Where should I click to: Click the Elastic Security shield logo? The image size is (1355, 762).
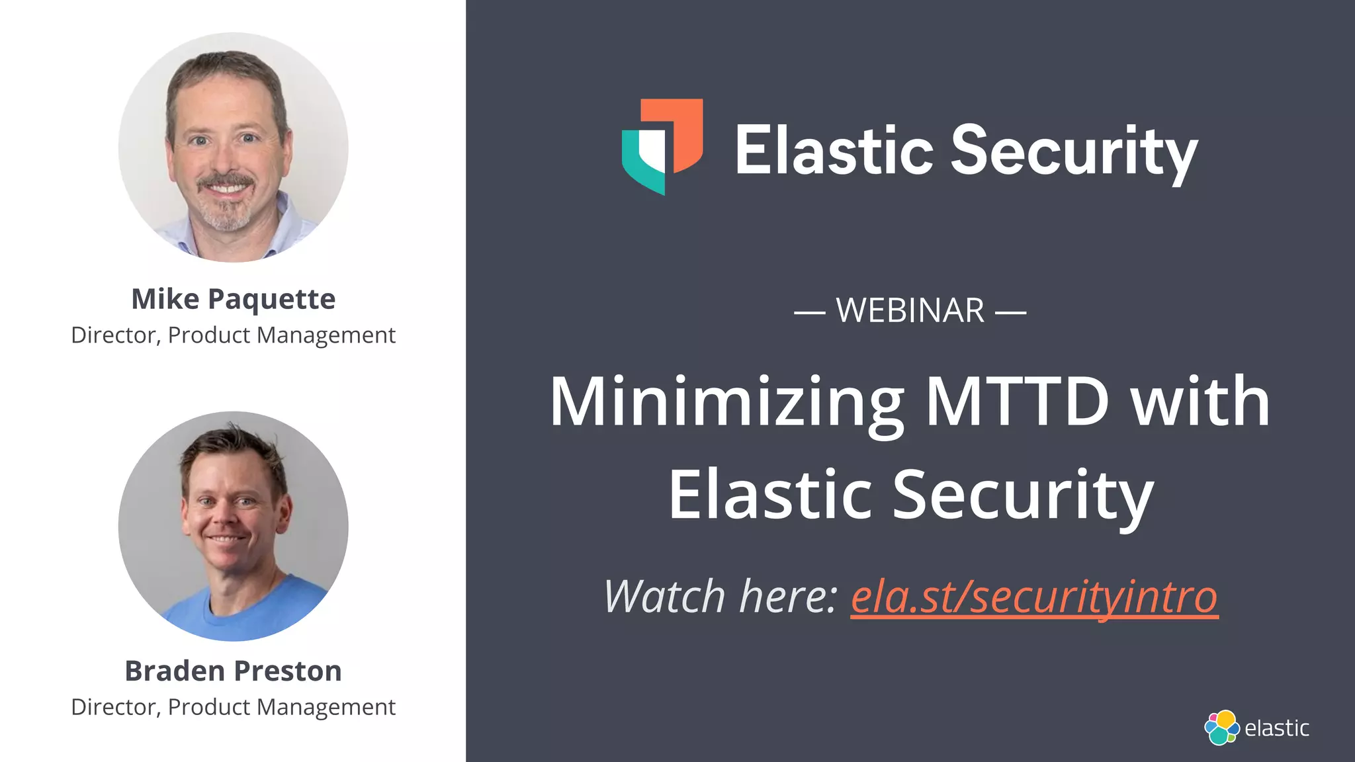click(662, 146)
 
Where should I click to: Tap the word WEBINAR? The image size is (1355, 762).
click(910, 310)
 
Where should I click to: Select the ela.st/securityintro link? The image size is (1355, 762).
click(1033, 597)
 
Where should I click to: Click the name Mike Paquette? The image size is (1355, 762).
click(233, 299)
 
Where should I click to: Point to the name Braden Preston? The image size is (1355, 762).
click(233, 671)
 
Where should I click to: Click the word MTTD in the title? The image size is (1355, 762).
click(1017, 401)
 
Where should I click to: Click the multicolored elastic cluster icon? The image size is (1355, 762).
click(1221, 728)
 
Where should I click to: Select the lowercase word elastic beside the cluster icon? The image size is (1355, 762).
click(1276, 728)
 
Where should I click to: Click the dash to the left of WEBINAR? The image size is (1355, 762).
click(809, 312)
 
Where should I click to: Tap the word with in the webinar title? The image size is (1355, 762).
click(1200, 401)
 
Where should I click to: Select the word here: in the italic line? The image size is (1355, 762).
click(789, 597)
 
